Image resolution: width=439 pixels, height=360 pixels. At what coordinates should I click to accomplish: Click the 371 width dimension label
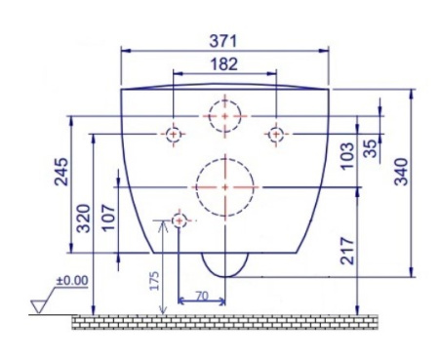223,41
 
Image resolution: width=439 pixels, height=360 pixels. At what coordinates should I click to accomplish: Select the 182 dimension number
224,64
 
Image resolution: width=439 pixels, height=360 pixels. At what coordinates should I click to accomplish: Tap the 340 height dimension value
401,172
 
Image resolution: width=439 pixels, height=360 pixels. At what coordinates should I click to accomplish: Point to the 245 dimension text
61,172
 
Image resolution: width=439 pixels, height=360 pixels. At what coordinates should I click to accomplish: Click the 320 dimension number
83,219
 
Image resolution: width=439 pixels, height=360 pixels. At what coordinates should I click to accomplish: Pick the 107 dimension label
109,218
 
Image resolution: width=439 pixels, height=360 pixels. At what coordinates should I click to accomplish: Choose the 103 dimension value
347,155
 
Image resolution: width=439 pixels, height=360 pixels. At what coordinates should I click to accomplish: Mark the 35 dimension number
371,148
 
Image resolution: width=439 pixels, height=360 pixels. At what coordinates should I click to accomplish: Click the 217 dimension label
347,251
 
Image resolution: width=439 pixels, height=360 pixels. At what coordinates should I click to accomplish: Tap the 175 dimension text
154,280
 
